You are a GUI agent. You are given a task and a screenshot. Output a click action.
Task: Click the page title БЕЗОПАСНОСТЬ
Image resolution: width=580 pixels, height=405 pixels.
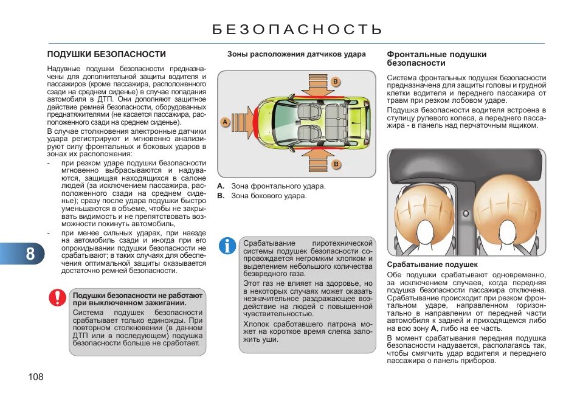(297, 29)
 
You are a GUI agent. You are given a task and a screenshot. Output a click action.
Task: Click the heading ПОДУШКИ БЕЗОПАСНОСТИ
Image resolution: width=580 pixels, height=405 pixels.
(106, 54)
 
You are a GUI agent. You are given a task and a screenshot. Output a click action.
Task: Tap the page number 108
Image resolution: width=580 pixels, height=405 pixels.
(36, 377)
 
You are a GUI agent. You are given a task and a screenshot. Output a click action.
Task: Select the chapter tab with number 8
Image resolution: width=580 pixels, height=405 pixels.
(30, 253)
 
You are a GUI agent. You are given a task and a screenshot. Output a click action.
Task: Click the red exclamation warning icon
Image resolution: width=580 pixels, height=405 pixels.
(58, 297)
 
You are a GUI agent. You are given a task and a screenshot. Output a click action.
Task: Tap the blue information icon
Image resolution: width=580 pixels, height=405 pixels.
(228, 246)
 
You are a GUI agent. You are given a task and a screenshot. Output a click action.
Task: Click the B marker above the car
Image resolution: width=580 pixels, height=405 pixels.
(335, 81)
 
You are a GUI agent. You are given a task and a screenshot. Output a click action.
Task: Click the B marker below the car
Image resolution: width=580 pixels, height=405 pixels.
(335, 164)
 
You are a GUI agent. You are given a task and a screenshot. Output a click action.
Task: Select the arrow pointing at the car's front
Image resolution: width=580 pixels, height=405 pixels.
(241, 122)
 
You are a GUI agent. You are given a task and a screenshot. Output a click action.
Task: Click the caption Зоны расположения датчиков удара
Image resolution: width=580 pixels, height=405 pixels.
(297, 54)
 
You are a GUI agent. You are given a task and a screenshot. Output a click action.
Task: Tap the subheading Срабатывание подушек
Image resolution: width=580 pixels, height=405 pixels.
(432, 265)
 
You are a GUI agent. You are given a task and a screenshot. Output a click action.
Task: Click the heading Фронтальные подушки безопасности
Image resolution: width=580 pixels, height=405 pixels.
(437, 58)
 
